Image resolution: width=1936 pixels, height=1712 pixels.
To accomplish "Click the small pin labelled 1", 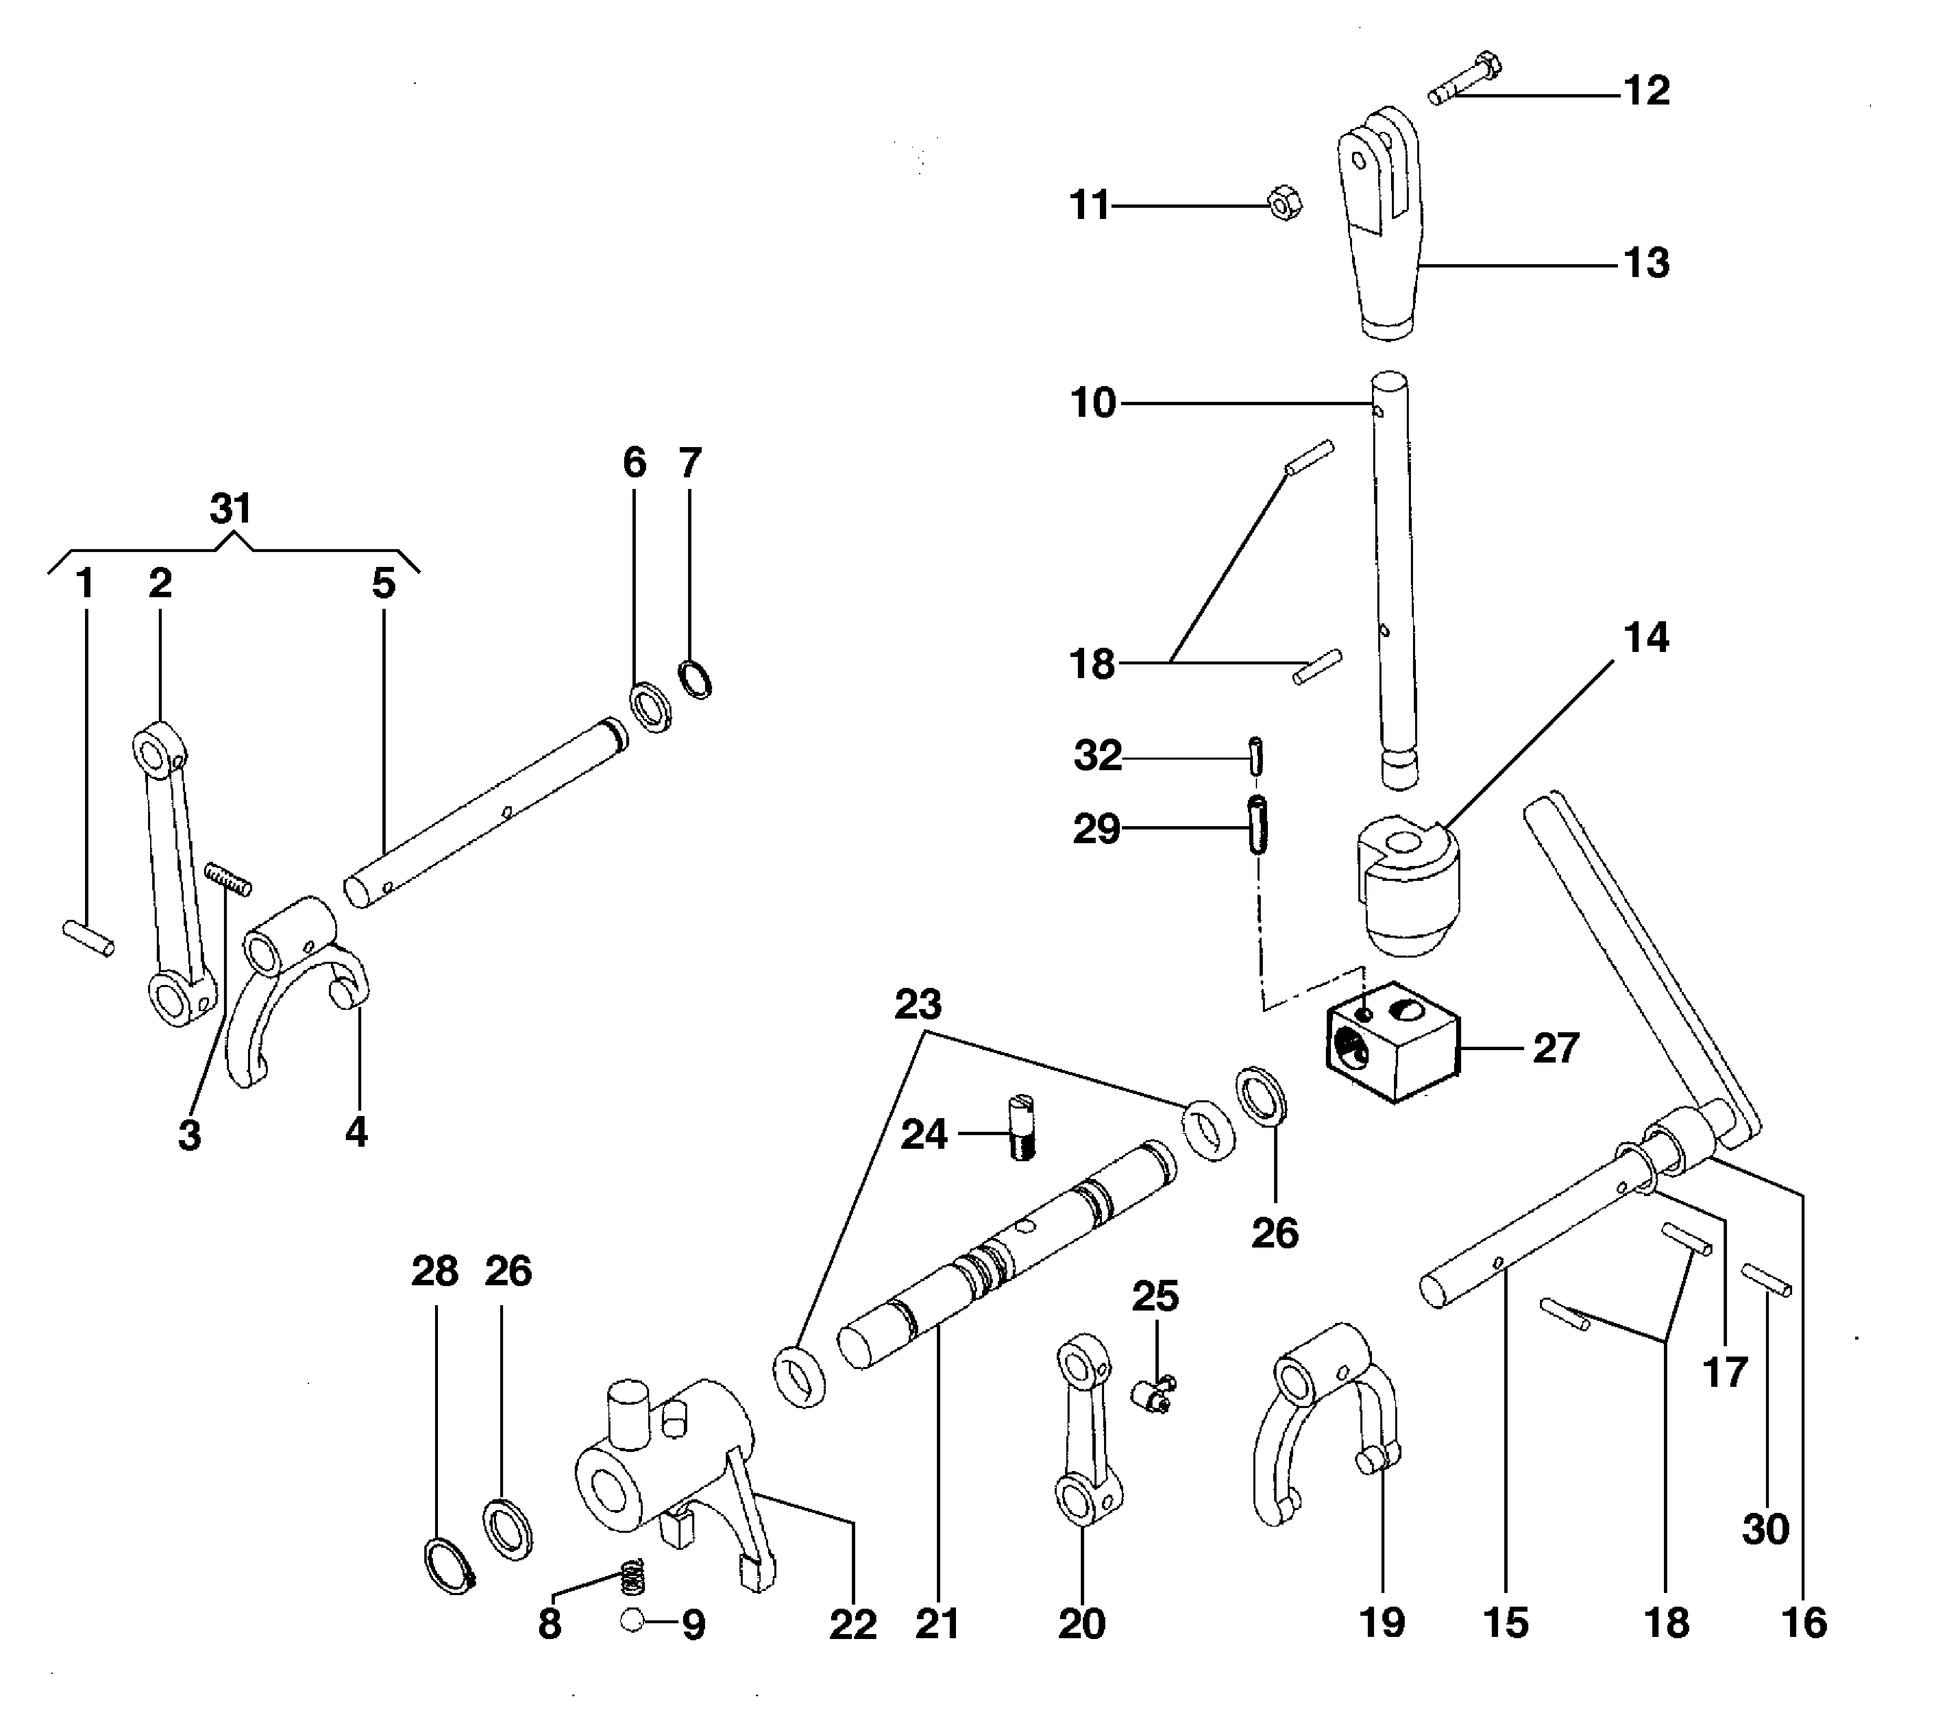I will (x=88, y=937).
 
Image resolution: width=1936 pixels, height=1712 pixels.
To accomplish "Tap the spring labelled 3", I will (x=228, y=878).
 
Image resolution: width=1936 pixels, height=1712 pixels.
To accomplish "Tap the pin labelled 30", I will (x=1766, y=1280).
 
